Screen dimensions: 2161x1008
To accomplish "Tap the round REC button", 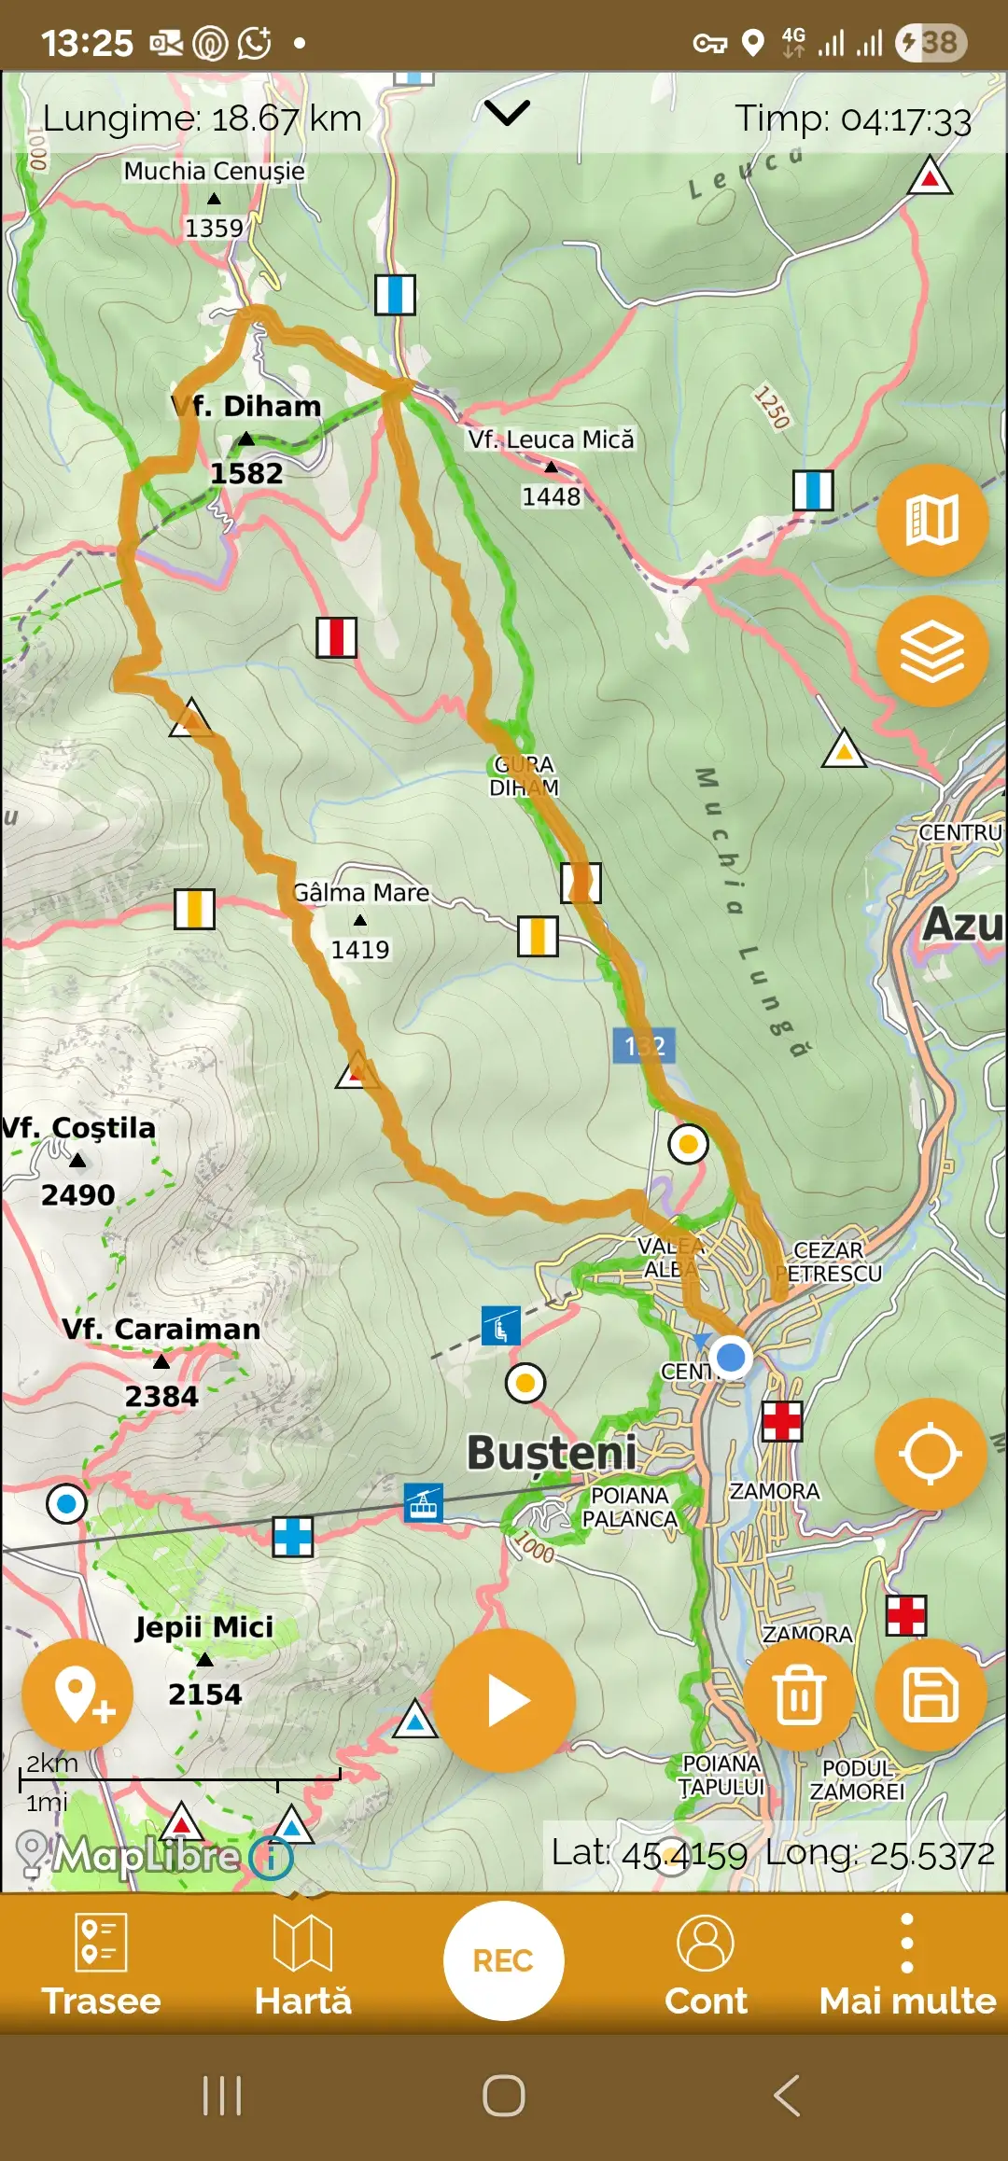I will [503, 1960].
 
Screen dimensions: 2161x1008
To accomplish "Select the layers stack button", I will [931, 650].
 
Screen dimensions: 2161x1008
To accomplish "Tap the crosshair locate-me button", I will [931, 1454].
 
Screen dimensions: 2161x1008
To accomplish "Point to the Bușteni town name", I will [552, 1454].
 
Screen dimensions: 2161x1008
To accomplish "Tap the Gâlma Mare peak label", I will [361, 893].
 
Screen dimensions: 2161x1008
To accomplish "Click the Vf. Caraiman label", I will [161, 1329].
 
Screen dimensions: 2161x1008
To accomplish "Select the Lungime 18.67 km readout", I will [203, 119].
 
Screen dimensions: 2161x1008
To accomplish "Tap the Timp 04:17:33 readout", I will [852, 120].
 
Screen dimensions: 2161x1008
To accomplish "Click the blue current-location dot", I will [731, 1356].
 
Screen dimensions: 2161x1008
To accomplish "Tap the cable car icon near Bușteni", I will [424, 1503].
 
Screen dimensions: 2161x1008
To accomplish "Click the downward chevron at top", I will [507, 113].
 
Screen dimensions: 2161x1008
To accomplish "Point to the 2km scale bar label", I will [51, 1764].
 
